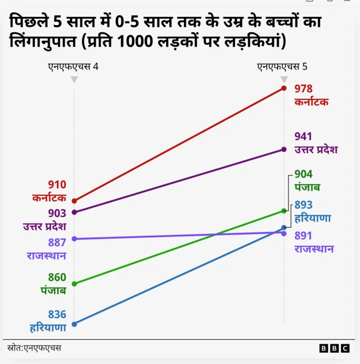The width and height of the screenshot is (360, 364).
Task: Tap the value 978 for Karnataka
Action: coord(303,89)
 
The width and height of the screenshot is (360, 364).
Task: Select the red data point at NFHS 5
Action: coord(284,88)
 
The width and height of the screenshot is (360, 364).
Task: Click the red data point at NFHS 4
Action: coord(74,201)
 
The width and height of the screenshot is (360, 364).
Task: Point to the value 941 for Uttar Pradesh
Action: coord(303,136)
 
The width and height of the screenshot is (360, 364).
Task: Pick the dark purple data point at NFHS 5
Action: coord(284,150)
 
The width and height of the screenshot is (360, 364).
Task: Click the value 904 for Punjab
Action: coord(303,174)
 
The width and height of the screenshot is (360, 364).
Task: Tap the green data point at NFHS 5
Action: coord(284,211)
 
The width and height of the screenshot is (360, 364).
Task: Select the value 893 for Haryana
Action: coord(303,205)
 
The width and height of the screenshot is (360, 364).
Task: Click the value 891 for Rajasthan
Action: coord(303,236)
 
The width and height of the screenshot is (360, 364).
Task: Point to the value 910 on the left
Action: coord(57,185)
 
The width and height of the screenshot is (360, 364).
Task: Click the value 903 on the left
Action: coord(57,213)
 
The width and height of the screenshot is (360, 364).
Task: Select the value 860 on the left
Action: coord(57,277)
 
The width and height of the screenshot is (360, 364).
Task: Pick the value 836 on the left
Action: coord(57,314)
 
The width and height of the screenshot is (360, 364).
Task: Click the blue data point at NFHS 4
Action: coord(74,324)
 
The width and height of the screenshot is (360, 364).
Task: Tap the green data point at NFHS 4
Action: coord(74,284)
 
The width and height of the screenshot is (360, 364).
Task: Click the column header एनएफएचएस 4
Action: coord(73,66)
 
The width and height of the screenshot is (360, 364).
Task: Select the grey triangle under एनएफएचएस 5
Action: coord(284,80)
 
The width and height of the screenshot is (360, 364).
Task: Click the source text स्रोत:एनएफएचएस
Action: coord(34,348)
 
